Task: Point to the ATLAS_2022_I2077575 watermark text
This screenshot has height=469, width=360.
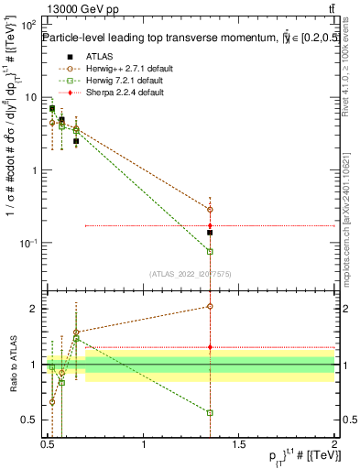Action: coord(191,274)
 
